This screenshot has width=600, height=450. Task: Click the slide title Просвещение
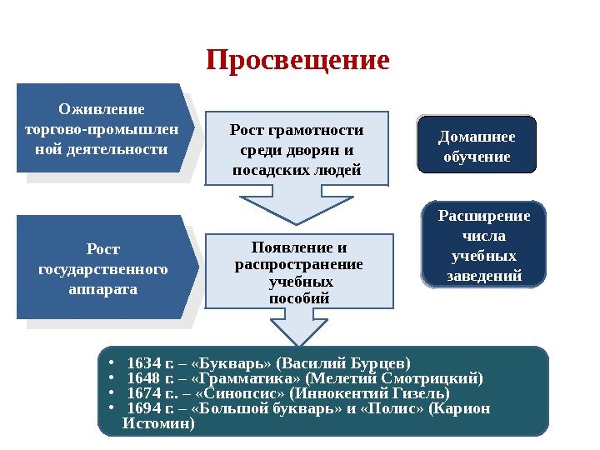coord(298,60)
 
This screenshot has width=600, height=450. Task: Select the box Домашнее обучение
coord(477,147)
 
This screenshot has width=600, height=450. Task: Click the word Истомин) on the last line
coord(157,423)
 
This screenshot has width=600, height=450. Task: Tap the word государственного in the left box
coord(103,269)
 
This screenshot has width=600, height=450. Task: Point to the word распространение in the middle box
coord(298,265)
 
